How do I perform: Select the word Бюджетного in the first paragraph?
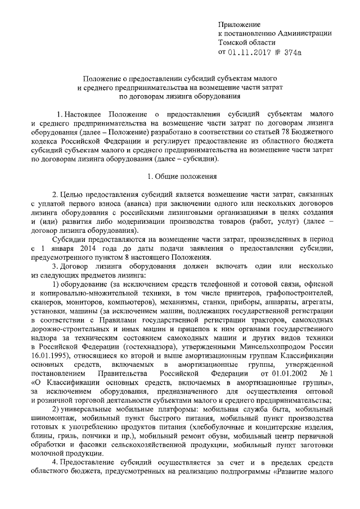click(x=311, y=130)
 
